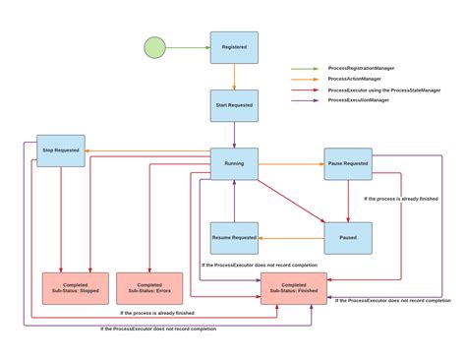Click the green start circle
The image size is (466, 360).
tap(154, 46)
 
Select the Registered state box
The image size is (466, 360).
tap(234, 46)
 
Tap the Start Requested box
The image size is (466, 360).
tap(234, 105)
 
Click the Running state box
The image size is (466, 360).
tap(234, 164)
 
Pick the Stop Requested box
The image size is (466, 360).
tap(61, 150)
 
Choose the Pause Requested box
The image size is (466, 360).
tap(348, 164)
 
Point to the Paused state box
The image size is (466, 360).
tap(348, 237)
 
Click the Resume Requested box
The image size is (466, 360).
tap(234, 237)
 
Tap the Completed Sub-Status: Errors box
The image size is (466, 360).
tap(149, 287)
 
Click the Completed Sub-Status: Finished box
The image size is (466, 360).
tap(294, 287)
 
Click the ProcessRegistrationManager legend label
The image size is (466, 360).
tap(363, 68)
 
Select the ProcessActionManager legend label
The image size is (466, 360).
tap(355, 79)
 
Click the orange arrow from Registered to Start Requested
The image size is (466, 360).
tap(234, 76)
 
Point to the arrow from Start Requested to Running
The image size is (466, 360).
tap(234, 135)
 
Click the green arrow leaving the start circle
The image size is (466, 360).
tap(187, 46)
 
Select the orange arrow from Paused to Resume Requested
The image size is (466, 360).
tap(291, 237)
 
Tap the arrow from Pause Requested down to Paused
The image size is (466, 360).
tap(348, 201)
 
